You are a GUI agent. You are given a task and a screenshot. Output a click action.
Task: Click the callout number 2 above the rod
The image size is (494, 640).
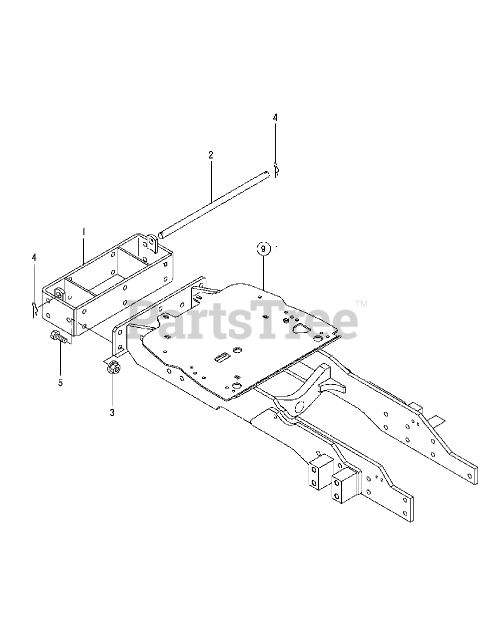211,155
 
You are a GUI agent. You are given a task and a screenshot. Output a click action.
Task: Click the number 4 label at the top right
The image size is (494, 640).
275,118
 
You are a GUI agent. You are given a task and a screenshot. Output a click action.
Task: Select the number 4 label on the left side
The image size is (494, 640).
34,257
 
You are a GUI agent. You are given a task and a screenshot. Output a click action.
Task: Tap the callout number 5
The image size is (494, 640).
60,382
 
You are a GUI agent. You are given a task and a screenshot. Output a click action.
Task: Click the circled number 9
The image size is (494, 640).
264,248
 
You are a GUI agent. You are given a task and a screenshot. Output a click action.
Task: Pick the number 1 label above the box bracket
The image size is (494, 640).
84,232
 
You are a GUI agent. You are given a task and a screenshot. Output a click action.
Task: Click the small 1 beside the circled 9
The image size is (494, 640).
277,248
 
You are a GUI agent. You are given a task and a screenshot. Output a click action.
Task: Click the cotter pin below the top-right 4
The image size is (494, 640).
275,169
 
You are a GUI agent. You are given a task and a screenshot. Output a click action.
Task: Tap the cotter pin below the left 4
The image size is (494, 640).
34,309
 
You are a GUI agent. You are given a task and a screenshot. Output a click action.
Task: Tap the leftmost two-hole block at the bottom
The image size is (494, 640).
316,471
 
